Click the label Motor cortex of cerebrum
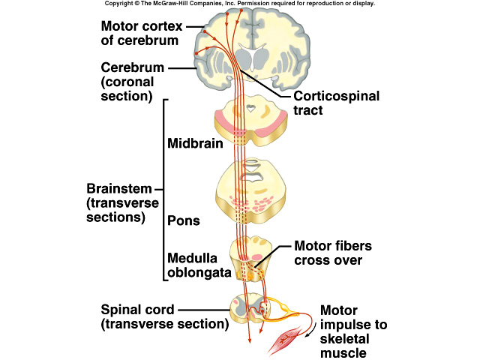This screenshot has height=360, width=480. (x=141, y=33)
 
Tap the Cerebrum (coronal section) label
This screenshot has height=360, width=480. (x=133, y=81)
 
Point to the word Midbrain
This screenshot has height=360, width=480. (x=194, y=143)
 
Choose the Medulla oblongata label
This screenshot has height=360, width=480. (x=197, y=264)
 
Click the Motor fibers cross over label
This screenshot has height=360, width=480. (x=332, y=253)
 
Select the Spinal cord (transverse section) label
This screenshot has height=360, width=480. (x=165, y=316)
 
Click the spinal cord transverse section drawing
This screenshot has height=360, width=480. (x=247, y=307)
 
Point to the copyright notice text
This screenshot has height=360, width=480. (x=240, y=4)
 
